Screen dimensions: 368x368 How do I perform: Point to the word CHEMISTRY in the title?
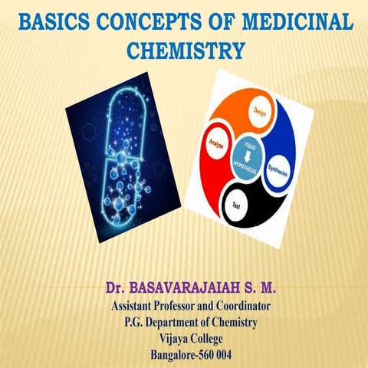point(184,51)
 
